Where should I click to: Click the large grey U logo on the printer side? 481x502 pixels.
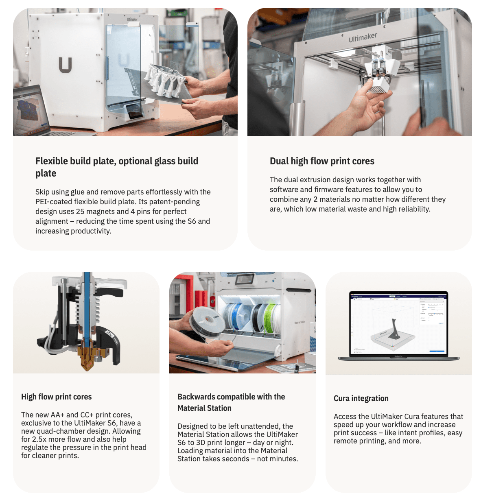click(x=65, y=65)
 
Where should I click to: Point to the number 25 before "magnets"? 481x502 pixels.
click(x=80, y=211)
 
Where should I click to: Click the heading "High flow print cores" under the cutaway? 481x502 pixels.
click(x=56, y=397)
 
